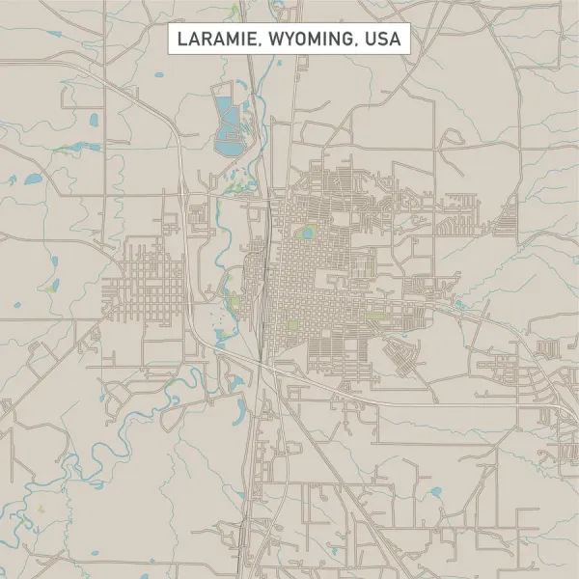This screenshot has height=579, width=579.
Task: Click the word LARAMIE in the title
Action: [x=213, y=40]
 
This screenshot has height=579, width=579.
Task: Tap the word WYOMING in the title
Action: [x=310, y=40]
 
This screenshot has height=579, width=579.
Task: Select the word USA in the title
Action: [x=384, y=40]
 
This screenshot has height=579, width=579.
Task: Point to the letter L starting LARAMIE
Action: [x=181, y=40]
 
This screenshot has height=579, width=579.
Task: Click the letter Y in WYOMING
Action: [x=289, y=40]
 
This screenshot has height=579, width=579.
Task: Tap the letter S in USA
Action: [x=384, y=40]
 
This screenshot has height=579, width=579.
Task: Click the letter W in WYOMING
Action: [x=273, y=40]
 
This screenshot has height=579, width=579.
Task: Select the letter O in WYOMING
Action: [x=301, y=40]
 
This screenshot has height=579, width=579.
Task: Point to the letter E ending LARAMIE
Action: [x=245, y=40]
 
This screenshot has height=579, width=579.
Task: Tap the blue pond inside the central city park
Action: [x=308, y=233]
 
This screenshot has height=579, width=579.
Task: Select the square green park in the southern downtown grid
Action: [x=293, y=325]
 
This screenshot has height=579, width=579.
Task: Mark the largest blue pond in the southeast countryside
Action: [x=435, y=492]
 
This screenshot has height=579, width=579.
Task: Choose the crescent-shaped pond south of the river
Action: [x=237, y=382]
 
